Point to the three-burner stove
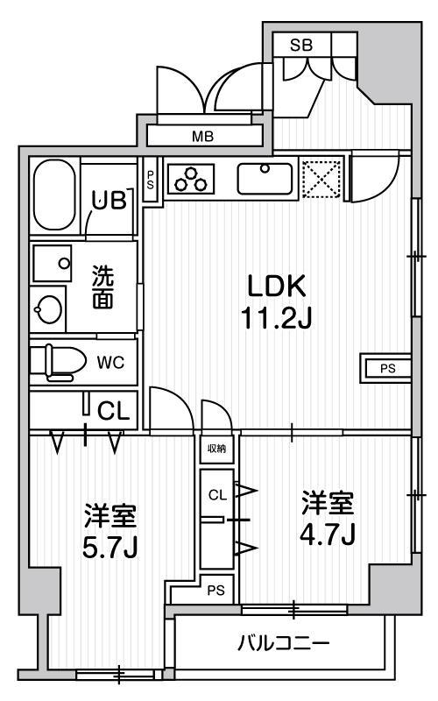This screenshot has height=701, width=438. (191, 180)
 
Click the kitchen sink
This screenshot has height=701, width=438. (265, 179)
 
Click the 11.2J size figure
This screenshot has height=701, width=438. (276, 317)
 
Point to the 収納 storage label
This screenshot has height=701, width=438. (216, 449)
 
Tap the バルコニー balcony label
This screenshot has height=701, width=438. (283, 644)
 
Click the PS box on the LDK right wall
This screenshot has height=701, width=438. (385, 369)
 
